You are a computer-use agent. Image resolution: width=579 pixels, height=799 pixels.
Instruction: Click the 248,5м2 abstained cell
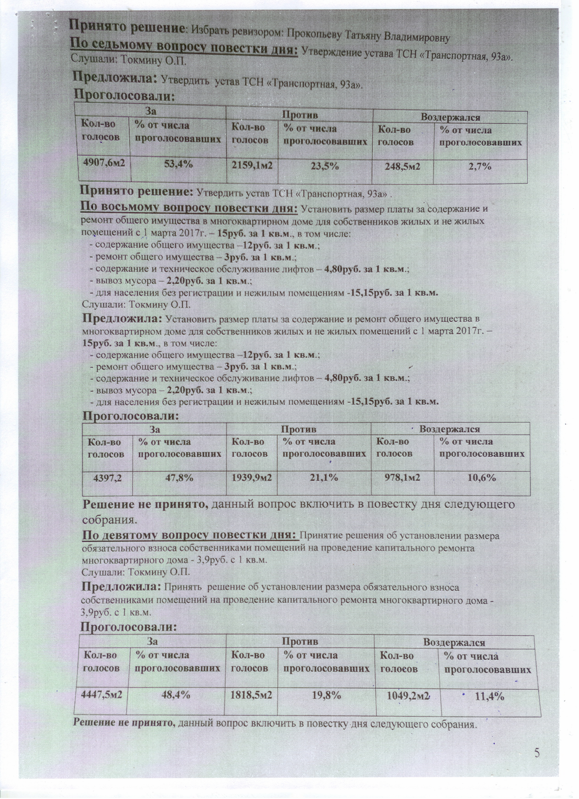click(402, 167)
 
